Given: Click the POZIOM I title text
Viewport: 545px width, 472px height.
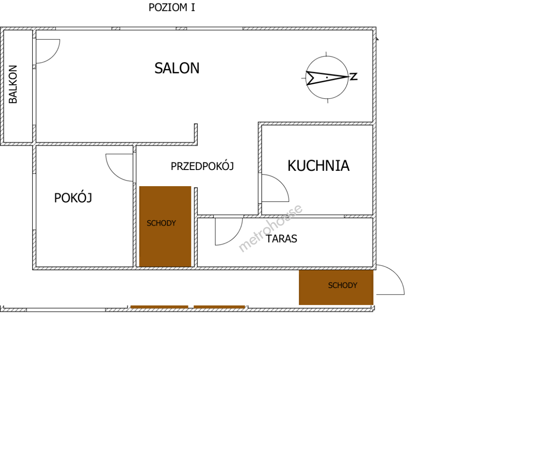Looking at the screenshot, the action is pos(172,7).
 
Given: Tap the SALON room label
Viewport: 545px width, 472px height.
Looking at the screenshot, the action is pos(177,68).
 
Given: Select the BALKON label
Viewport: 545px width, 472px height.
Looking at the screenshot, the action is pos(13,84).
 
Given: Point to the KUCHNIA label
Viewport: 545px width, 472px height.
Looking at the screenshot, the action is pos(318,166).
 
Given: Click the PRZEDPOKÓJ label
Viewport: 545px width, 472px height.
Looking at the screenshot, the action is pos(202,166).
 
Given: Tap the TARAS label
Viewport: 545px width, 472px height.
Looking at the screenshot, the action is pos(281,239).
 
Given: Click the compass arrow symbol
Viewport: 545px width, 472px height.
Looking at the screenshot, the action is pos(327,77).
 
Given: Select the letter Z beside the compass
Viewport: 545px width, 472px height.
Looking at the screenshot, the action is pos(354,76).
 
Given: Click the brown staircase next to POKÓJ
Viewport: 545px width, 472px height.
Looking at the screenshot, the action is pos(165,226).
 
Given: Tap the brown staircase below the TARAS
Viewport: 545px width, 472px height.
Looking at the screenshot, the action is pos(336,287).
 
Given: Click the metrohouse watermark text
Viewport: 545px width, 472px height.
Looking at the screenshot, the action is pos(270,229).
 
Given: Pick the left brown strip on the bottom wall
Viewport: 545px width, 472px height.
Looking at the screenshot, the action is pos(159,307).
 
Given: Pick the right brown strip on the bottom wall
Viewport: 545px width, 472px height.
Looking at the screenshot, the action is pos(219,307).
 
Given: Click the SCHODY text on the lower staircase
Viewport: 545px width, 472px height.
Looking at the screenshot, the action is pos(343,285).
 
